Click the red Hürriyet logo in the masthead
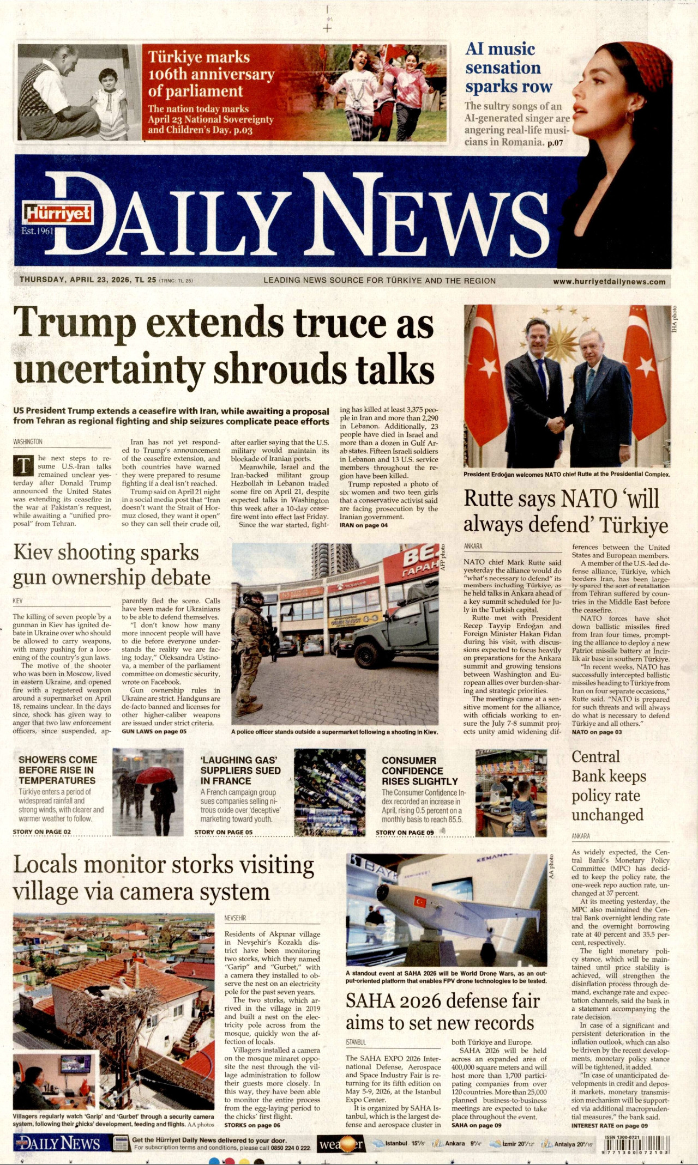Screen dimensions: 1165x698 [x=57, y=214]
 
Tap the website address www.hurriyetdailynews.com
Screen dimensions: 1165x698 [x=609, y=282]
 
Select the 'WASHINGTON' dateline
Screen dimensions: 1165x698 [x=28, y=441]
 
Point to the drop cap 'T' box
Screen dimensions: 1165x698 [x=23, y=466]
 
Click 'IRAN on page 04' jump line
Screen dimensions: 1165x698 [x=364, y=525]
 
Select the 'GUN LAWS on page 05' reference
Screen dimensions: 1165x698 [x=154, y=731]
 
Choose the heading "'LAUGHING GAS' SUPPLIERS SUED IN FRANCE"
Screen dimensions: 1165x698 [x=240, y=770]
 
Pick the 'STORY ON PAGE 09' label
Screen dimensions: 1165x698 [x=405, y=833]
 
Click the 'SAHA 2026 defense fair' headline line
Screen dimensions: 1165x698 [x=442, y=1001]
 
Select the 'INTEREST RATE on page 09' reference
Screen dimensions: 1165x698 [x=609, y=1125]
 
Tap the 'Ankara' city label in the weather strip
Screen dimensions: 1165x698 [x=455, y=1143]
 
